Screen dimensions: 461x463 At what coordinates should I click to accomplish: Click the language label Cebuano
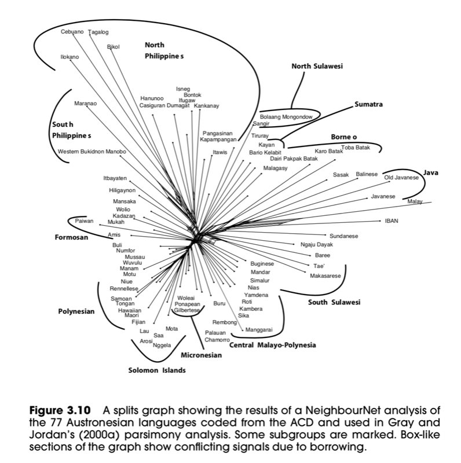coord(72,32)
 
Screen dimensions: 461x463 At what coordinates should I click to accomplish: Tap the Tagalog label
coord(98,32)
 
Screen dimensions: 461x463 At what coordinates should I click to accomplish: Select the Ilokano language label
coord(69,57)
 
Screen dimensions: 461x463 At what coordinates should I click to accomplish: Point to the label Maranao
coord(85,104)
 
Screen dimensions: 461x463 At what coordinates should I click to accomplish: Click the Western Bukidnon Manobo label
coord(92,152)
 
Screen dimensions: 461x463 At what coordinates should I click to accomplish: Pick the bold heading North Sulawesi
coord(317,66)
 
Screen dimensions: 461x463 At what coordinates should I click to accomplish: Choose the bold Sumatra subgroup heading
coord(368,104)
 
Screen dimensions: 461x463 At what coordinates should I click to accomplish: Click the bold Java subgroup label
coord(430,172)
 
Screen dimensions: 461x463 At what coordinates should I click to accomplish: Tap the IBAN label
coord(392,221)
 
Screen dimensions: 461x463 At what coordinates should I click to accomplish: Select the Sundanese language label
coord(343,236)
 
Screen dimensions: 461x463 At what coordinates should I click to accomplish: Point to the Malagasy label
coord(275,168)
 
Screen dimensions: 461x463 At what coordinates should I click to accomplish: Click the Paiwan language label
coord(84,221)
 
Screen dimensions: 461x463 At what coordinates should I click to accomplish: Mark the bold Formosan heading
coord(71,237)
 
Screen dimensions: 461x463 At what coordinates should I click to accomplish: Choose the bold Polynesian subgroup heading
coord(76,311)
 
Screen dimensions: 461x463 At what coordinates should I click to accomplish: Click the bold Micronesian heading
coord(201,355)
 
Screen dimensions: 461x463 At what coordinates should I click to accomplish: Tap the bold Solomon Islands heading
coord(157,370)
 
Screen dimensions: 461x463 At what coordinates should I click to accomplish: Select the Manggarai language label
coord(259,329)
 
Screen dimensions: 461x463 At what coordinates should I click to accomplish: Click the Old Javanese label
coord(401,178)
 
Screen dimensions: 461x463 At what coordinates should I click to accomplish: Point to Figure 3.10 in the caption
coord(60,410)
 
